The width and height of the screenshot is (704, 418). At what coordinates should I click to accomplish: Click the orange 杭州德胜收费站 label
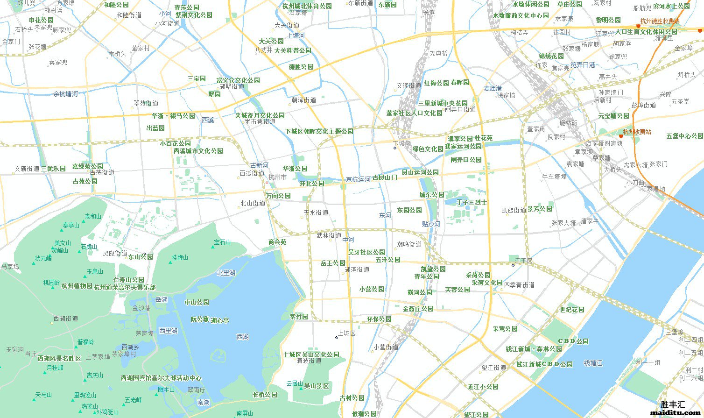coord(660,21)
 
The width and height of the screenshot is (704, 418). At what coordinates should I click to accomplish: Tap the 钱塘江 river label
coord(593,363)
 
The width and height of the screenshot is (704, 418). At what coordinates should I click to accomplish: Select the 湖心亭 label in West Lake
coord(219,320)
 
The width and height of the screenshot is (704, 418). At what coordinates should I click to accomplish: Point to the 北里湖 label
coord(226,273)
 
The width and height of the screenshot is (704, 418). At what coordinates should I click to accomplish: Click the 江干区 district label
coord(523,261)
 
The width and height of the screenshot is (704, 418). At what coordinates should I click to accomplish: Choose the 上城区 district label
coord(347,333)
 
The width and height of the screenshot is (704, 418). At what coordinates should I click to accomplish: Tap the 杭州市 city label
coord(277,177)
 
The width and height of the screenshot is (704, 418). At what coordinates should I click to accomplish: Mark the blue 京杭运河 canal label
coord(358,179)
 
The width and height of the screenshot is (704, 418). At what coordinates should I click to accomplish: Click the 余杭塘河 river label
coord(65,94)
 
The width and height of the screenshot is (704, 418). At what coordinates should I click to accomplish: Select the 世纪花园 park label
coord(572,310)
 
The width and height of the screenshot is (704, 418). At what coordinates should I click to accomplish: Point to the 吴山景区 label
coord(317,386)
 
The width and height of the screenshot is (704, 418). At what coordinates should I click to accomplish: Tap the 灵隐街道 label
coord(115,253)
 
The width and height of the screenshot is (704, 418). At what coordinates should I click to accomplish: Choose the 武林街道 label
coord(329,235)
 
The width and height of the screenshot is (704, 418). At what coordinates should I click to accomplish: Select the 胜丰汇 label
coord(673,404)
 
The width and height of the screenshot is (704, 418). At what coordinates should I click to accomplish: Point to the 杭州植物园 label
coord(77,286)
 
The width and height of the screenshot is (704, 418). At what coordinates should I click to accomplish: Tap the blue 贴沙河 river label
coord(430,224)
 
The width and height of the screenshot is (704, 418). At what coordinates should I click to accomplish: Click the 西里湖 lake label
coord(168,331)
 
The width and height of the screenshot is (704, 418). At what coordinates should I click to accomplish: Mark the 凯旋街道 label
coord(514,210)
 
